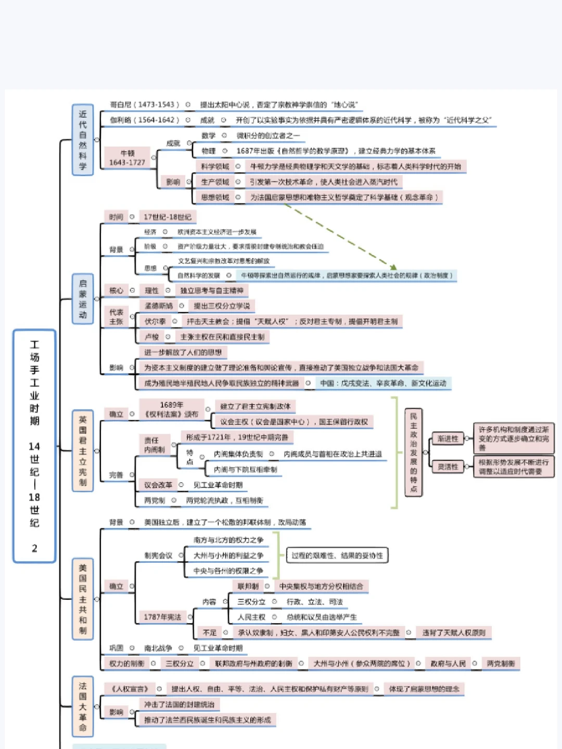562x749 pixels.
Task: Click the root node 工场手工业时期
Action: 34,446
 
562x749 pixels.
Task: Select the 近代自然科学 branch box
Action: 83,140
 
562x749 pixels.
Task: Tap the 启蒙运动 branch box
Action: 83,299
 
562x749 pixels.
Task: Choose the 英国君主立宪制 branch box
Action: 83,450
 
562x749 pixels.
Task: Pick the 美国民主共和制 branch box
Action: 83,598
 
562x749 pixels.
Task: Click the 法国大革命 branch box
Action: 83,706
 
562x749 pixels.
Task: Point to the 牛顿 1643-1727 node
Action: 127,158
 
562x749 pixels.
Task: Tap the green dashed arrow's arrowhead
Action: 393,267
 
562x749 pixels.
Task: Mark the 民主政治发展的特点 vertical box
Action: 414,453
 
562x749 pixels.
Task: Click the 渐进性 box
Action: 448,438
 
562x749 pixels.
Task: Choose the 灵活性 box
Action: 448,467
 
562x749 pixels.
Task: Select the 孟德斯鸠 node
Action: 158,306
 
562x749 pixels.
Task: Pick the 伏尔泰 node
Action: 155,321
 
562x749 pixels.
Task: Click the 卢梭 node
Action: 152,337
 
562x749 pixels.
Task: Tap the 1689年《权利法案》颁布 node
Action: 172,409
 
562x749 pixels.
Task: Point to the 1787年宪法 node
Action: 162,617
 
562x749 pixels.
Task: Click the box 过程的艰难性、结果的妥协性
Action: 337,556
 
